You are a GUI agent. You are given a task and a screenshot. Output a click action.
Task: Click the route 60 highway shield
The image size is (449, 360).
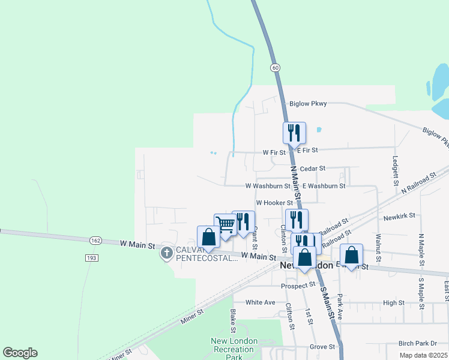(x=275, y=68)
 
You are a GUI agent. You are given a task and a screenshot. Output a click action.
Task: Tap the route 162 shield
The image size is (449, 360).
(x=96, y=240)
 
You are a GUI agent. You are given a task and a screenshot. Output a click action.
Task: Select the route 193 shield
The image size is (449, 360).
(x=91, y=257)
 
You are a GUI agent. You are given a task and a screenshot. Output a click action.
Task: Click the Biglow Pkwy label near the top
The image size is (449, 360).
(x=308, y=104)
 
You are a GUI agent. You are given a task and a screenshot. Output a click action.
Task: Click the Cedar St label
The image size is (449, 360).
(x=312, y=169)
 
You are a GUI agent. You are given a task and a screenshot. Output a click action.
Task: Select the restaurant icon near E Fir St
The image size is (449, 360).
(x=294, y=133)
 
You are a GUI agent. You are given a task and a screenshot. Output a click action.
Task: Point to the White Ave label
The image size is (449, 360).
(x=261, y=302)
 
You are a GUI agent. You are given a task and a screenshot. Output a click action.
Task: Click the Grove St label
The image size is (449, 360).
(x=322, y=347)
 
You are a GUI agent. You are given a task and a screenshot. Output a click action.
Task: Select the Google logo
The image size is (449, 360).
(x=20, y=353)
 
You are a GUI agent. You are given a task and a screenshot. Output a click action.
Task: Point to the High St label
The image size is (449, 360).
(x=394, y=303)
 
